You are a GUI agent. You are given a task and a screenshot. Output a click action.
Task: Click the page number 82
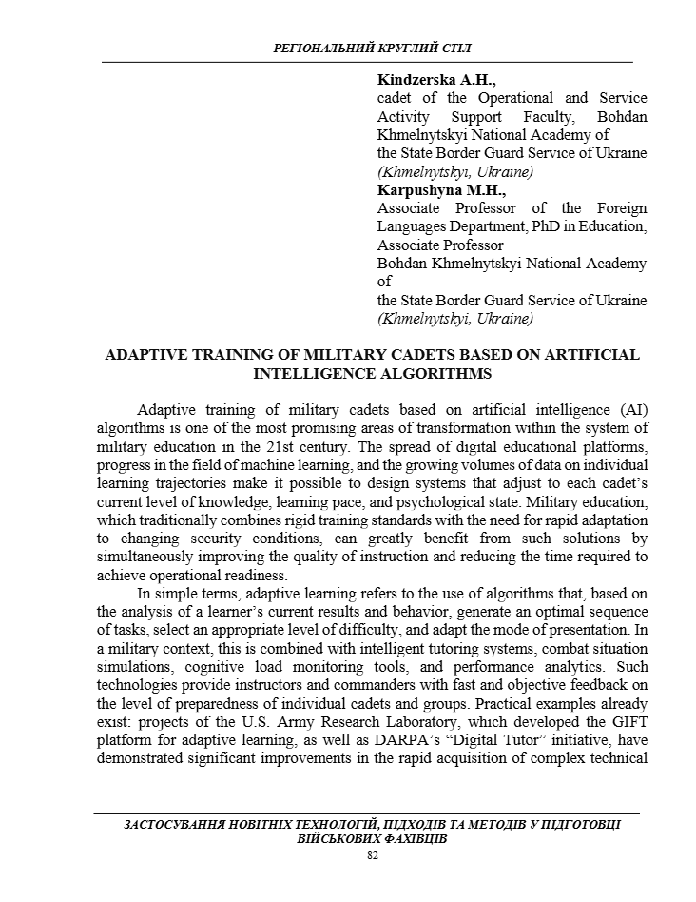click(x=372, y=856)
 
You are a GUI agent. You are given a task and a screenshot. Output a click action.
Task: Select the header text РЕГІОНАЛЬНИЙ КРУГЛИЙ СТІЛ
click(x=372, y=48)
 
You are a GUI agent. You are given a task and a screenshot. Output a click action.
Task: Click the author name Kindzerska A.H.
click(x=423, y=80)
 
